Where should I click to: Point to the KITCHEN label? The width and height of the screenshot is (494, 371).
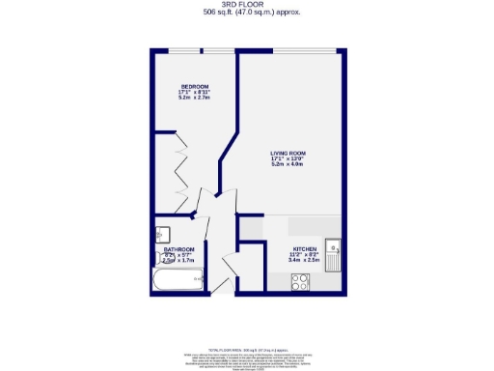tap(305, 247)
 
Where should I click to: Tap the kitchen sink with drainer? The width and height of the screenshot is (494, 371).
tap(333, 254)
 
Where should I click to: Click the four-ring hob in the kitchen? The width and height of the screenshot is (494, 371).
tap(301, 283)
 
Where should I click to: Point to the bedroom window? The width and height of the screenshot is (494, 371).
tap(194, 49)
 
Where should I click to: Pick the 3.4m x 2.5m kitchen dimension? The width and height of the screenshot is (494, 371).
tap(305, 259)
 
